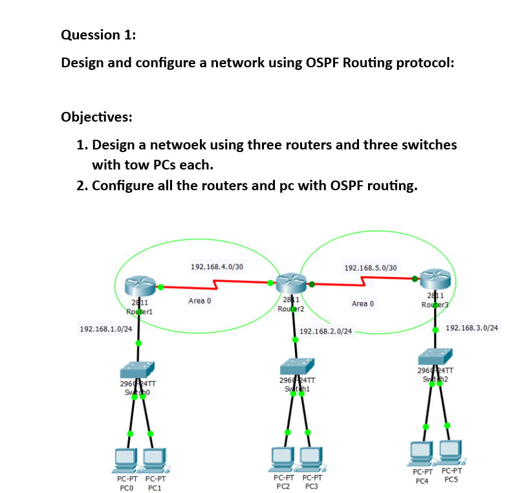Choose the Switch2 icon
point(435,356)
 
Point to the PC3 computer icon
point(312,458)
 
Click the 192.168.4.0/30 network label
point(217,266)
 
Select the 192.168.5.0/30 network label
point(371,267)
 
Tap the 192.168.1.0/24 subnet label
point(106,329)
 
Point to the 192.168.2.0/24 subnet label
point(326,331)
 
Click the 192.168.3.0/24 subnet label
point(472,328)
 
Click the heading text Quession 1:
point(98,36)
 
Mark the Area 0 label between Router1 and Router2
point(200,301)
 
